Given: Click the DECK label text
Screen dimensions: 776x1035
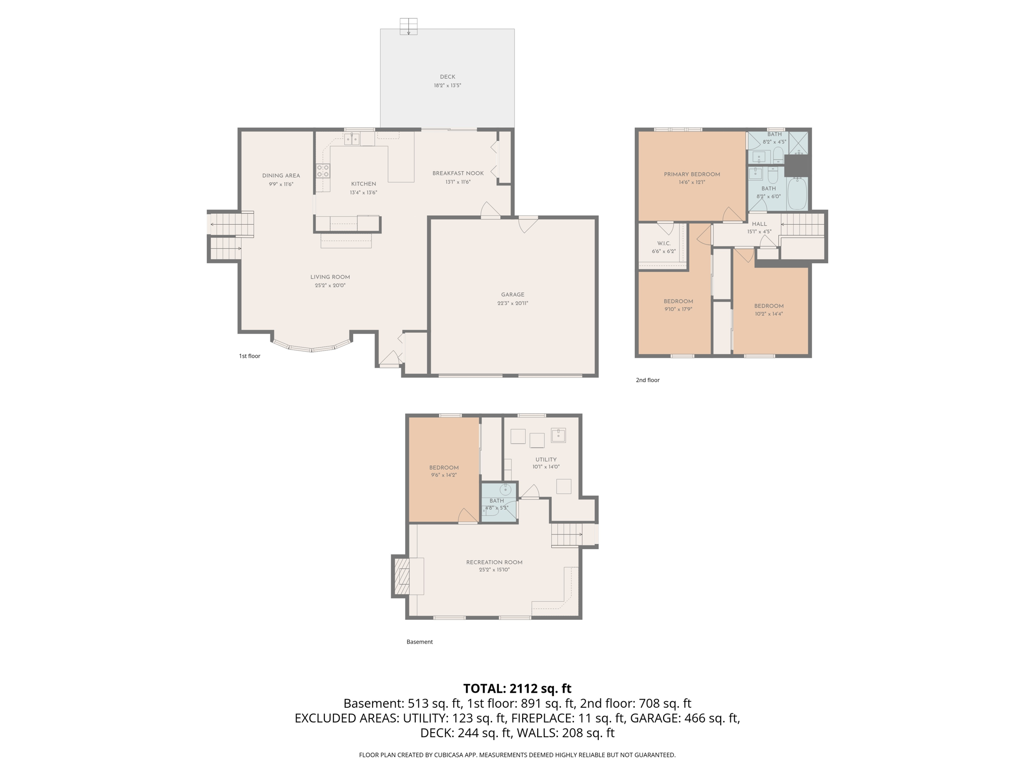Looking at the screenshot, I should click(x=447, y=77).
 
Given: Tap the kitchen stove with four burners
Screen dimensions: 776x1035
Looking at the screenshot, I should click(x=323, y=171).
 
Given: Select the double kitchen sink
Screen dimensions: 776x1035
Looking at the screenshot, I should click(x=352, y=138).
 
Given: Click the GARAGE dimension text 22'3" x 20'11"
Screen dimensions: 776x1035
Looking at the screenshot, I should click(x=512, y=303).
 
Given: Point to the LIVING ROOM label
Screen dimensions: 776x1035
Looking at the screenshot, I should click(x=330, y=277).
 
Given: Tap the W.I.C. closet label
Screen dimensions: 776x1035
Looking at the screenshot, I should click(x=664, y=244).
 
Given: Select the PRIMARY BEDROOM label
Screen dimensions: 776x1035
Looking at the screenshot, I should click(x=692, y=174).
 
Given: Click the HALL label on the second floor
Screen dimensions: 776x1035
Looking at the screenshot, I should click(x=759, y=224).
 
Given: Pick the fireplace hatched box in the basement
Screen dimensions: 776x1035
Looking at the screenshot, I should click(x=401, y=576).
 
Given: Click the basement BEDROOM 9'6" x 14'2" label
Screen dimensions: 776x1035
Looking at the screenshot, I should click(x=444, y=468).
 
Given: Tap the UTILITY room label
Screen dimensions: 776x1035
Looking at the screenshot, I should click(x=546, y=460).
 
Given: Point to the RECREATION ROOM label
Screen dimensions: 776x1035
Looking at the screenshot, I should click(x=494, y=562).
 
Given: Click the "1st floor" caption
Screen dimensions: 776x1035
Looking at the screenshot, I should click(x=250, y=356).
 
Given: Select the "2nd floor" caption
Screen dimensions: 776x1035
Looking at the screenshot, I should click(x=647, y=380).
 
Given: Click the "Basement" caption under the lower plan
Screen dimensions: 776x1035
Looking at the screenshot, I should click(x=419, y=642).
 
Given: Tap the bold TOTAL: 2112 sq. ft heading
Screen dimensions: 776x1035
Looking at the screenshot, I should click(x=517, y=688).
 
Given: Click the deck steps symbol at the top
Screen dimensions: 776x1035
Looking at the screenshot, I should click(x=408, y=26).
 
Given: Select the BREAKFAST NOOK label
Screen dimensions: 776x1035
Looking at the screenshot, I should click(x=458, y=173).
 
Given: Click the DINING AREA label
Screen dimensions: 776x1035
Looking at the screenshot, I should click(x=281, y=176).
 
